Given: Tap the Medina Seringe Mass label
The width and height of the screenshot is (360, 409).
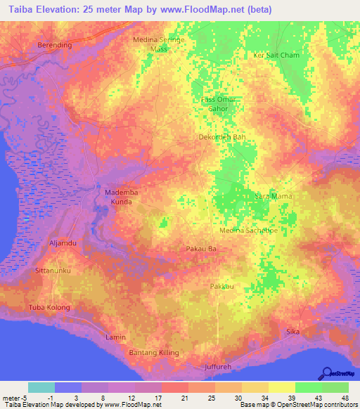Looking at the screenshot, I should click(159, 45).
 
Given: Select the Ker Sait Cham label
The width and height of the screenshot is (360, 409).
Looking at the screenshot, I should click(276, 55).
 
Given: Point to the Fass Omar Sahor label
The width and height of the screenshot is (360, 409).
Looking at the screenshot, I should click(219, 104).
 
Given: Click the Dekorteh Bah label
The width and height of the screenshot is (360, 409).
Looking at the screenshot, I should click(222, 137).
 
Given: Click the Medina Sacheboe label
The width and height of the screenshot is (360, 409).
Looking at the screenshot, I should click(249, 230).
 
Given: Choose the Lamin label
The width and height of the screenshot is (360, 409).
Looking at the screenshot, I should click(115, 337).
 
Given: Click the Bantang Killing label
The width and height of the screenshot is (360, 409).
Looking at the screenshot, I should click(155, 352).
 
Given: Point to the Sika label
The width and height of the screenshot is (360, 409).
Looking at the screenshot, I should click(293, 331).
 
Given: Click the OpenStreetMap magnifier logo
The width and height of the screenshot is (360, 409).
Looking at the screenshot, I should click(328, 373).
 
